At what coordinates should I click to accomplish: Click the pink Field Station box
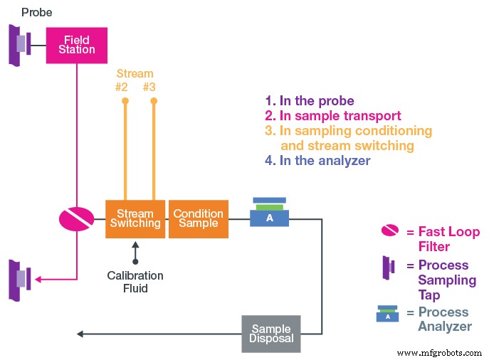coord(76,45)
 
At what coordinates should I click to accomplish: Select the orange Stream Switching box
coord(135,218)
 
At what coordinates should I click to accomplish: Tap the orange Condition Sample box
coord(198,218)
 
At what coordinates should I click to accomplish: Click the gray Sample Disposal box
coord(270,334)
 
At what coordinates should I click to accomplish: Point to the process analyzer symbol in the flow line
coord(269,213)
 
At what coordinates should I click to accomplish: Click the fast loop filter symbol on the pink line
coord(76,218)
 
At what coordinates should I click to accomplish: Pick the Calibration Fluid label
coord(135,281)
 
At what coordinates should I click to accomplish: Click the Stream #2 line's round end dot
coord(125,102)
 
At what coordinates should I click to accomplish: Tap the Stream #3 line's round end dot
coord(153,102)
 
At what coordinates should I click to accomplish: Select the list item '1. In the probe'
coord(309,101)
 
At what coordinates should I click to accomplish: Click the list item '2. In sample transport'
coord(332,116)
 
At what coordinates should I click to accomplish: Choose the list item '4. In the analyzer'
coord(317,161)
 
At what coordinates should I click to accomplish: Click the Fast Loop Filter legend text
coord(447,239)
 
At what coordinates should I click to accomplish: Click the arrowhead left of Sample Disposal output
coord(80,334)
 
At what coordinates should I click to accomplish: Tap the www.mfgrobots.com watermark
coord(439,352)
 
